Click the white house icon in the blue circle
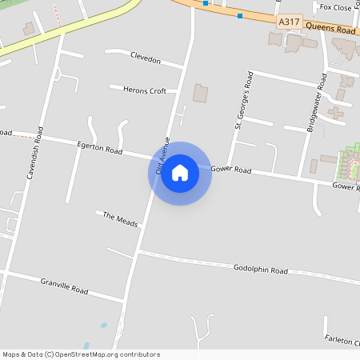[180, 173]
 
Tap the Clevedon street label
[146, 61]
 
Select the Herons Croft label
[145, 90]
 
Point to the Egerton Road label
[100, 149]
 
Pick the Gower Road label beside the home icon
[231, 170]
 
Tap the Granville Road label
[64, 285]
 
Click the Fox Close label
[335, 7]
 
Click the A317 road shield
[289, 22]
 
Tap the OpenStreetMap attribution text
[81, 354]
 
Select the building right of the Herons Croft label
[199, 93]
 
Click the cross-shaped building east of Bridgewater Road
[337, 113]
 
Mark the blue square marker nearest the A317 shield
[240, 15]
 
